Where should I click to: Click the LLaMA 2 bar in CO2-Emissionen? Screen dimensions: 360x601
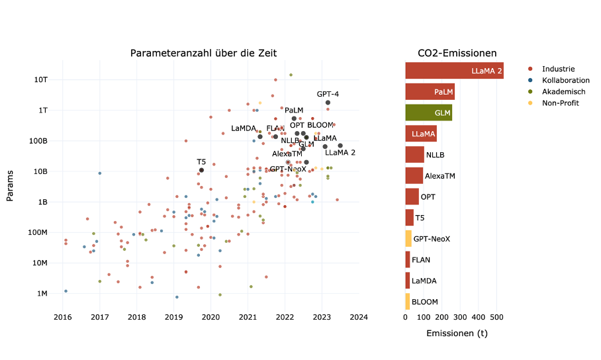454,71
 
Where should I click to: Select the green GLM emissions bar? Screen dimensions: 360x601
428,112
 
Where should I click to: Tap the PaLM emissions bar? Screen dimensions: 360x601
430,92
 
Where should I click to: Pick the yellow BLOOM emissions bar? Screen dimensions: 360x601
408,301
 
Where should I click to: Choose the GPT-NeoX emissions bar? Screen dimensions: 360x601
408,238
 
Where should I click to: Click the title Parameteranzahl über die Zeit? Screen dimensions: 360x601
203,53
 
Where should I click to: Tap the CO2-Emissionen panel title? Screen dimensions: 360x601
457,53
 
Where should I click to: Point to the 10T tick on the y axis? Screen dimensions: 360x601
41,79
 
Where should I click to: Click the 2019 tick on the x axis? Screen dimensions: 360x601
173,317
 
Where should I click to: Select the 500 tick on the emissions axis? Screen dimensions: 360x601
497,317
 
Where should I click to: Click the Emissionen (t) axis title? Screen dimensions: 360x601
457,333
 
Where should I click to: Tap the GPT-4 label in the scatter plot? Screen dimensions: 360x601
328,94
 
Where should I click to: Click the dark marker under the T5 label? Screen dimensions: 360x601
201,170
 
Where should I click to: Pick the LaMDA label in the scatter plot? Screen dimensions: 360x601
244,128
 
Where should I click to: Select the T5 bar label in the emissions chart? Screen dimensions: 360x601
420,218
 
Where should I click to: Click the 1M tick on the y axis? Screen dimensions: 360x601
40,293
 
